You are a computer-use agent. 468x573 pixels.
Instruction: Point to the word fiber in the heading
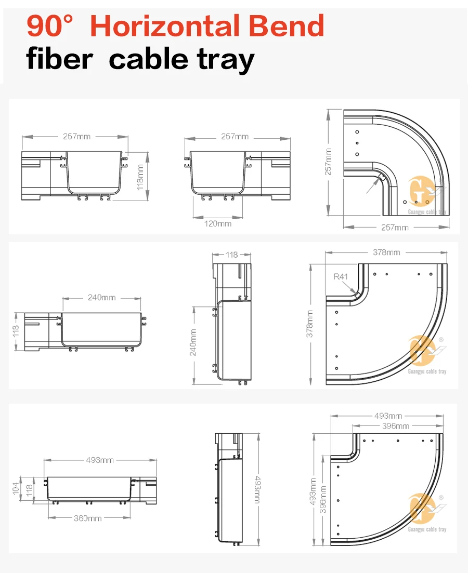pos(59,59)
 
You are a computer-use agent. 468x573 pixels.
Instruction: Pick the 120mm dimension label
pos(218,223)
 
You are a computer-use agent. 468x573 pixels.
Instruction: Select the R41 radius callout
pos(341,276)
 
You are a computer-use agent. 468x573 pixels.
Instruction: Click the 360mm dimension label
pos(87,518)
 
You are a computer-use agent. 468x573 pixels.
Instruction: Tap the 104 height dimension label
pos(16,488)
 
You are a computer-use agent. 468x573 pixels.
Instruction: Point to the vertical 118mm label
pos(140,178)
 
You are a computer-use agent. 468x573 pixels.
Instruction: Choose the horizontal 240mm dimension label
pos(101,298)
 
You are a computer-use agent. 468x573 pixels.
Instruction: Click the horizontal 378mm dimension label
pos(386,252)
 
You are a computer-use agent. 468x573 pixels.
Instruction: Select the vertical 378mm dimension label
pos(310,324)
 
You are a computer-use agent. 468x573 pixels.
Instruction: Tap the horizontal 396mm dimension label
pos(395,426)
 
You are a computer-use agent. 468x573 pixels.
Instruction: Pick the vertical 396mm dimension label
pos(323,499)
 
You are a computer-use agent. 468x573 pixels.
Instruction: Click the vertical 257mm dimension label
pos(328,162)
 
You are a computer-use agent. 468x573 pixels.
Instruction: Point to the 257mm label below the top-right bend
pos(395,227)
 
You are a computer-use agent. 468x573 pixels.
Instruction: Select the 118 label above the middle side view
pos(232,255)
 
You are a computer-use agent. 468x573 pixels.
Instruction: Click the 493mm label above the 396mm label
pos(388,416)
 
